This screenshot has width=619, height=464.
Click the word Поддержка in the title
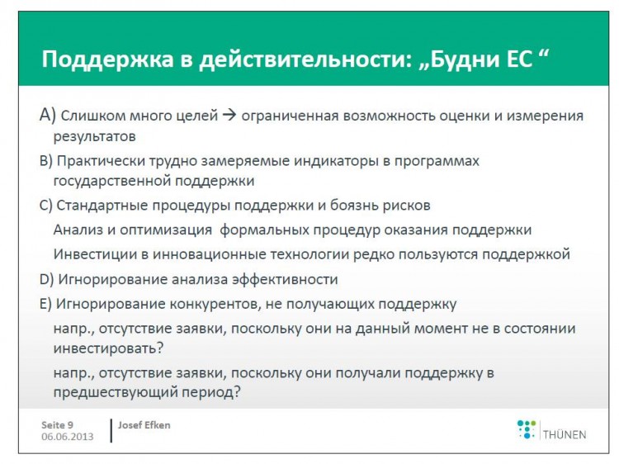[108, 59]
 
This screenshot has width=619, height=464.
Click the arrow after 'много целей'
[229, 115]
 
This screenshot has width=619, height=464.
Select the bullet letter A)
[47, 115]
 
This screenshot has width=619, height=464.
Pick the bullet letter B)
[45, 162]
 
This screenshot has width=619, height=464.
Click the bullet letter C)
[45, 206]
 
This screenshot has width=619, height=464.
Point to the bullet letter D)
[46, 280]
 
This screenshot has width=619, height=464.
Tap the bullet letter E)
[45, 304]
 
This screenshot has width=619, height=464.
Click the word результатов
[94, 136]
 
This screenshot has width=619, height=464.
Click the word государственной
[111, 181]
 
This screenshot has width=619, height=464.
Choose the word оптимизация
[166, 230]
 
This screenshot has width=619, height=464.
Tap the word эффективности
[285, 279]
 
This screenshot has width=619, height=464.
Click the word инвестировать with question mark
[108, 348]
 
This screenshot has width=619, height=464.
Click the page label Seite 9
[57, 425]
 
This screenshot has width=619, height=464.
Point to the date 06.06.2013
[68, 437]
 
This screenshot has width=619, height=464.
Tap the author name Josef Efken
[144, 425]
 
